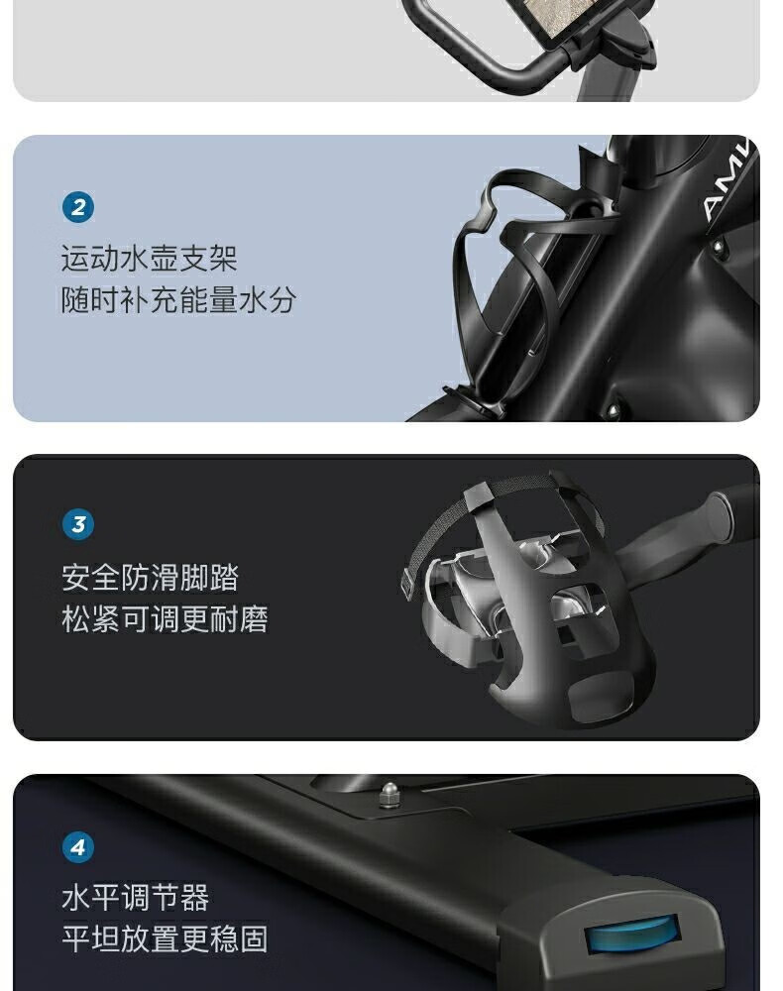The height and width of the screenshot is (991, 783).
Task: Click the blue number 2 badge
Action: [78, 207]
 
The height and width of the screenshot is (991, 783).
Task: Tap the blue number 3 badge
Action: [78, 524]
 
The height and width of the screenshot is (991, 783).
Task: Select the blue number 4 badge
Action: [78, 847]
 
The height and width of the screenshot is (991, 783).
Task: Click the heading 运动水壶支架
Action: [149, 259]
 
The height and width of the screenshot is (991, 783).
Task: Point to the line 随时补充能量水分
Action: [178, 299]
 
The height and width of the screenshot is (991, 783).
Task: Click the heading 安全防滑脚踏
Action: [151, 578]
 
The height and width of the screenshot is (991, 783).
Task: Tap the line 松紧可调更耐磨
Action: [165, 619]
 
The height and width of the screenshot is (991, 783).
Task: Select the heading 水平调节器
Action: [135, 898]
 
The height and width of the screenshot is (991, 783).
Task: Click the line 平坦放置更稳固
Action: [165, 938]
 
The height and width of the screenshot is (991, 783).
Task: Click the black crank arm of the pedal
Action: [683, 531]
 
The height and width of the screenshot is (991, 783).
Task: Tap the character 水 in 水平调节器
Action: [76, 898]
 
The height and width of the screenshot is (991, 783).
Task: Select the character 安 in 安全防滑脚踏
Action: [76, 578]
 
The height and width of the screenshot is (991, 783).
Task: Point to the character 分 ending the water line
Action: [282, 299]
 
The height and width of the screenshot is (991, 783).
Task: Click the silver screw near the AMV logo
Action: [718, 247]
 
